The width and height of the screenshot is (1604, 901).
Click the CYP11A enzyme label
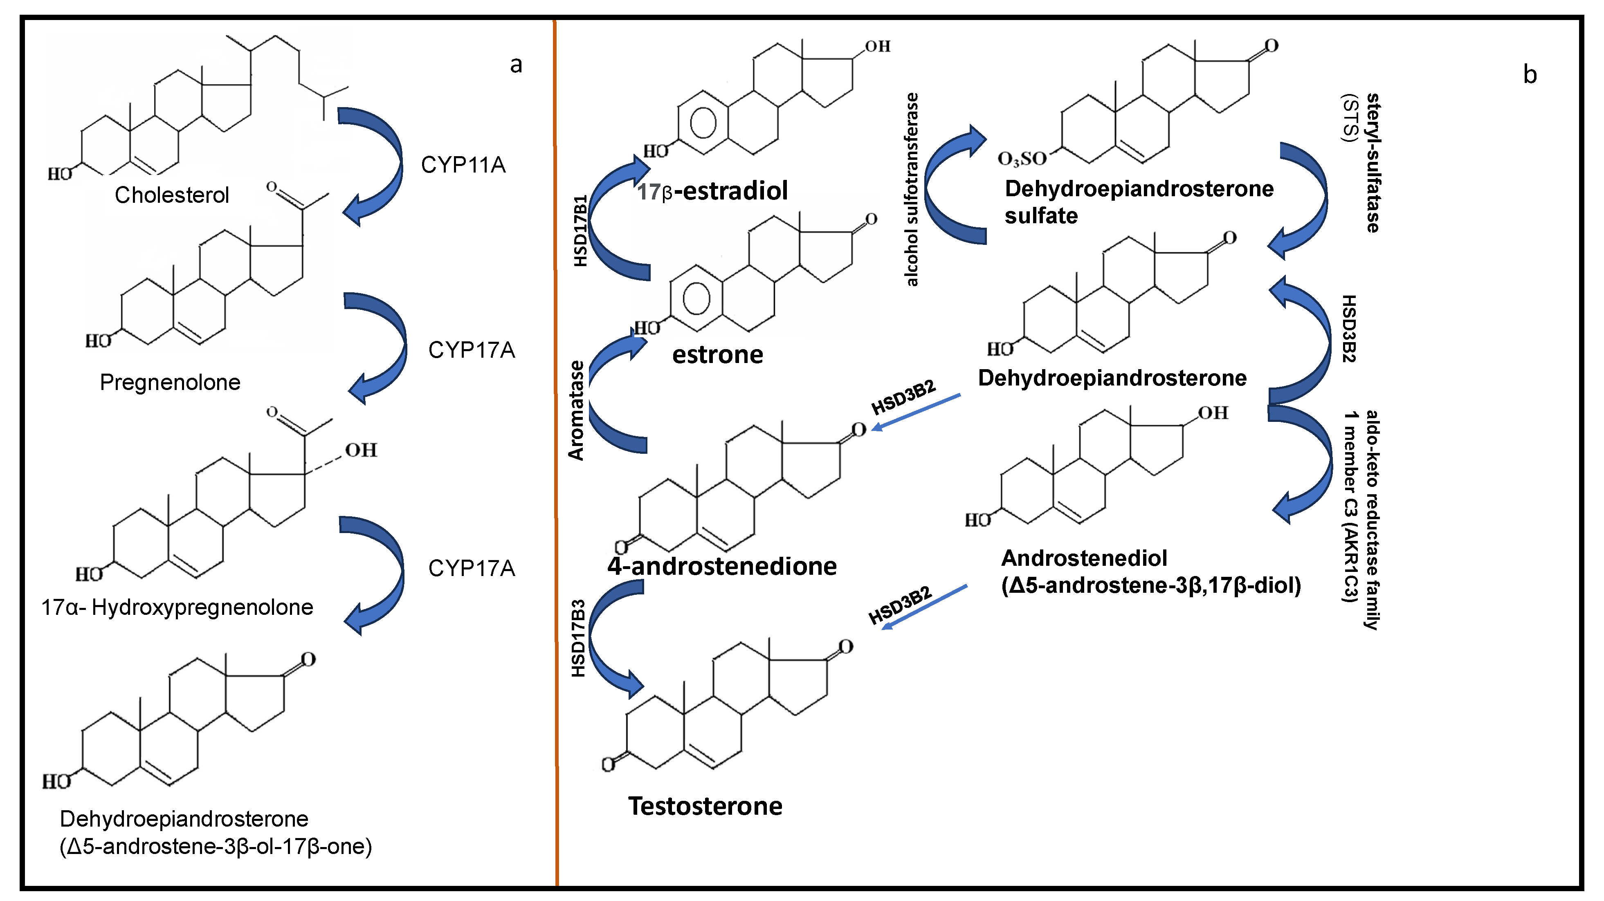click(463, 165)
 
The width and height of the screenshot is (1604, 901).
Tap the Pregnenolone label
click(170, 382)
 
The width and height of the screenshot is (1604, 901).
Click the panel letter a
click(516, 65)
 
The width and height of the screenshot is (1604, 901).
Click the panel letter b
click(1530, 75)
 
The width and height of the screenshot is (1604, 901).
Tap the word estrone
click(717, 355)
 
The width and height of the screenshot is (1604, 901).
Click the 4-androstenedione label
click(722, 566)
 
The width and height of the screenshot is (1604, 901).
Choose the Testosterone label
click(705, 806)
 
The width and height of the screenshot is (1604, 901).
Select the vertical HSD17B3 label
click(578, 638)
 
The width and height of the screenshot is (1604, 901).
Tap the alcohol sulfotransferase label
click(912, 190)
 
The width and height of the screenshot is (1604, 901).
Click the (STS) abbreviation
click(1349, 118)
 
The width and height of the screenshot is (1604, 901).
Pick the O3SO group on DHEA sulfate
click(1021, 159)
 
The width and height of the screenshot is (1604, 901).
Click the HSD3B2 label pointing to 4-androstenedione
click(903, 397)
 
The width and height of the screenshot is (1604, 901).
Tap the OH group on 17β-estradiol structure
click(877, 47)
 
